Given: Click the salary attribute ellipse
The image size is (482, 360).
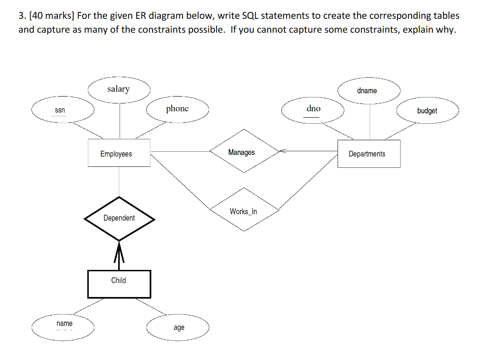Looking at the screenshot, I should click(x=119, y=89).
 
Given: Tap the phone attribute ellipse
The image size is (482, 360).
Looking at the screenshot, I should click(x=178, y=109).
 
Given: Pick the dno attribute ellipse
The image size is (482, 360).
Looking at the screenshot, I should click(x=313, y=109).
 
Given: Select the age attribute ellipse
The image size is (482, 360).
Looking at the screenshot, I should click(x=179, y=327).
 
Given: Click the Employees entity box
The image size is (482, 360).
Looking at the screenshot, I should click(x=119, y=154).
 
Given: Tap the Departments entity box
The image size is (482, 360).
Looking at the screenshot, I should click(x=368, y=154).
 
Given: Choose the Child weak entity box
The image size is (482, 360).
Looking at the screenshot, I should click(x=119, y=280).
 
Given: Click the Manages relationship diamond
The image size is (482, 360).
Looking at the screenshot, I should click(x=242, y=152).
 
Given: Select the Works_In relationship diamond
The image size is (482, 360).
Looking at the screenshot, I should click(x=244, y=211).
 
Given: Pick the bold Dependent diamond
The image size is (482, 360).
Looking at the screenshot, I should click(x=119, y=218).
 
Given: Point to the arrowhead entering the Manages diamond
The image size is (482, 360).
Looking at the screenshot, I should click(x=282, y=150).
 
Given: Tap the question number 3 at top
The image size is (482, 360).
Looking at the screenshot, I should click(x=21, y=16).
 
